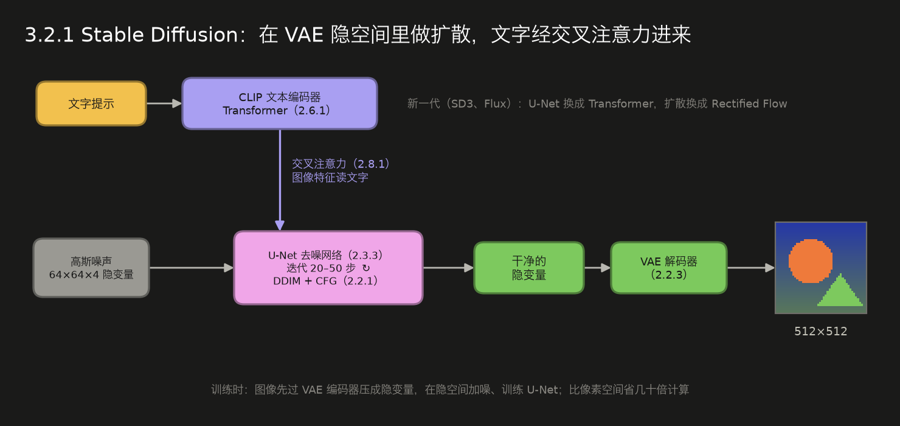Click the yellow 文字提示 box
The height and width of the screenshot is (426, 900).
91,103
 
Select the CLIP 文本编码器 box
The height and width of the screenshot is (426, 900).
280,103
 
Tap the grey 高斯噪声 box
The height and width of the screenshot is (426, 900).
91,268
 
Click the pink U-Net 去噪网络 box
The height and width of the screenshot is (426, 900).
328,268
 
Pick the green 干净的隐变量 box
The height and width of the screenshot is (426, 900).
529,268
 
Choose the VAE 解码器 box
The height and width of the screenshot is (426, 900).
668,268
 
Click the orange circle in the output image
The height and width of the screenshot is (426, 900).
811,261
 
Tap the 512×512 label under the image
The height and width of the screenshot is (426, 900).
820,331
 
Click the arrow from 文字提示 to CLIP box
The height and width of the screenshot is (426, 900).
164,103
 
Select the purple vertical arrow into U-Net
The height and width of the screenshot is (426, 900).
280,180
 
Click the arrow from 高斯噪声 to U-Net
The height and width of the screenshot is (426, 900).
192,268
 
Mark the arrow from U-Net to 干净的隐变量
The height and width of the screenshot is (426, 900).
449,268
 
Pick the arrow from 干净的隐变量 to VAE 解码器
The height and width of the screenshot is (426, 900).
597,268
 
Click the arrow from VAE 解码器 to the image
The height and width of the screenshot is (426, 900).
751,268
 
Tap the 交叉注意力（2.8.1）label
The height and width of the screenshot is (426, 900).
341,164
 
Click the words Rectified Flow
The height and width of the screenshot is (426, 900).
749,103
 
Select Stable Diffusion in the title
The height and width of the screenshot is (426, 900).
160,35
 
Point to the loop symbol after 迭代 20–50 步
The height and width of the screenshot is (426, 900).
365,268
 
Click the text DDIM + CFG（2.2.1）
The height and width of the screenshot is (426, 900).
326,281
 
